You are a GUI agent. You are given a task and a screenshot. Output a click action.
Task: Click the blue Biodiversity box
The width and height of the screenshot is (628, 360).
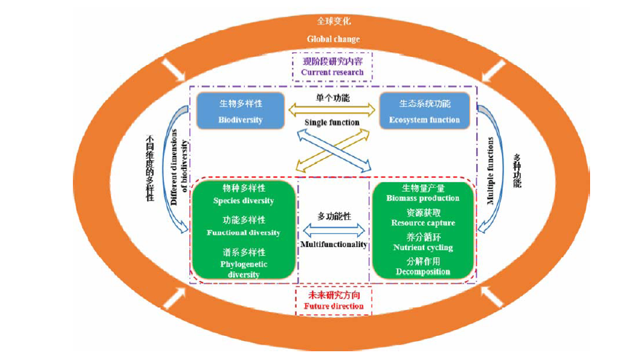click(240, 111)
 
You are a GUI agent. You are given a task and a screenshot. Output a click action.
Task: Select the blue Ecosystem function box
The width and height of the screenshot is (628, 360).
click(425, 111)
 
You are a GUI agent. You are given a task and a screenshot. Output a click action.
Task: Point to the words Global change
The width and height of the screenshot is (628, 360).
click(333, 39)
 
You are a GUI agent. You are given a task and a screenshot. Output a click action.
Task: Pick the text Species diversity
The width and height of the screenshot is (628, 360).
click(243, 200)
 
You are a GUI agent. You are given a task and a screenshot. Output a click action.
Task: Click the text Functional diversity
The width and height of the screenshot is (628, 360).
click(243, 232)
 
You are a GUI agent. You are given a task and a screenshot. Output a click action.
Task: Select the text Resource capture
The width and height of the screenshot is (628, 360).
click(423, 223)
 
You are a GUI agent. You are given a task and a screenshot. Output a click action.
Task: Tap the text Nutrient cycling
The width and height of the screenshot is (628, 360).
click(423, 248)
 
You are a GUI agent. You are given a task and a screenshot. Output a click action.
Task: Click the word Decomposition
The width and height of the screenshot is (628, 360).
click(423, 272)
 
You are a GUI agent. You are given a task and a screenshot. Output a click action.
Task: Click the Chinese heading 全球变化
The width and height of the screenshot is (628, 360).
click(333, 22)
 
